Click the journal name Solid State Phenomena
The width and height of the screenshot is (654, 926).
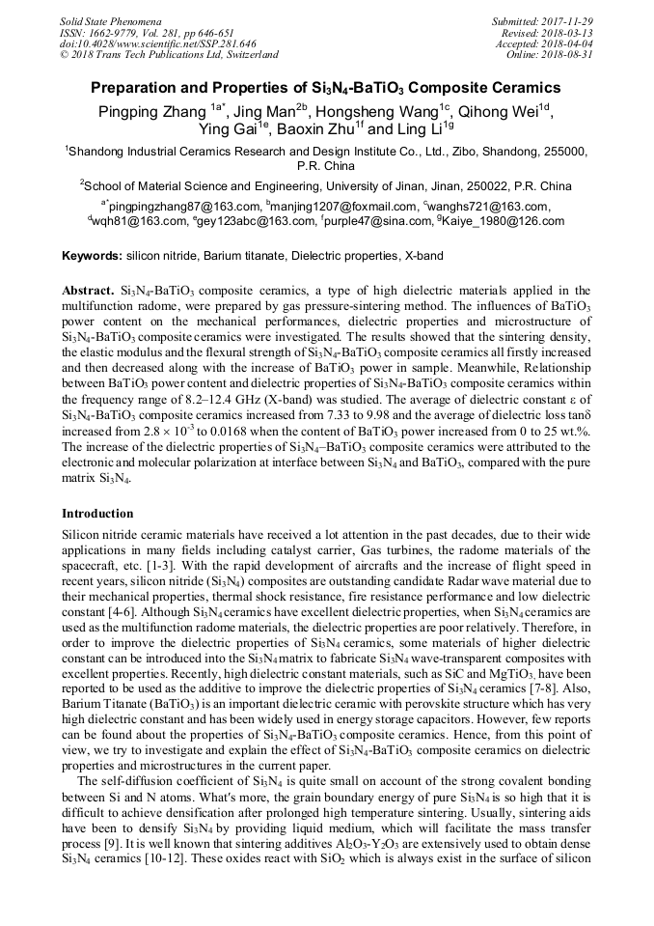click(110, 21)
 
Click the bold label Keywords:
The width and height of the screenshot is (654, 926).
click(92, 257)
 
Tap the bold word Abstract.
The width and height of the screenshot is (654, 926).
click(88, 291)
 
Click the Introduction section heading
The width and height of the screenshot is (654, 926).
click(97, 514)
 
